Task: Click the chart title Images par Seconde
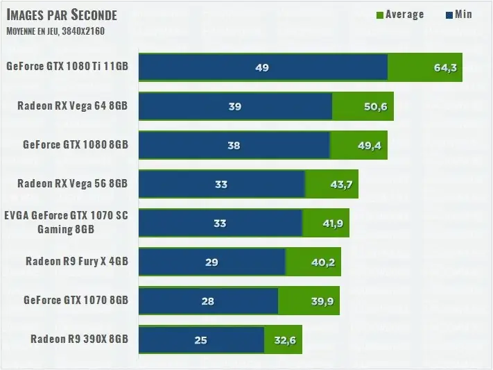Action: [62, 15]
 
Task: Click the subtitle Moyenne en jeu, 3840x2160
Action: [56, 31]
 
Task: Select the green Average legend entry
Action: [400, 15]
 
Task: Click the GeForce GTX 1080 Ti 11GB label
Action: [67, 67]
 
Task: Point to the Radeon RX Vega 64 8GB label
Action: [73, 106]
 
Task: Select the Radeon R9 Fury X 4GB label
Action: [76, 262]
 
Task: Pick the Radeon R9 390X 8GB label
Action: [79, 339]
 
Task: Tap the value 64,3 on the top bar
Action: [445, 68]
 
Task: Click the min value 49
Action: [262, 68]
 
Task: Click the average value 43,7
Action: [341, 185]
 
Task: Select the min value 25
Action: [200, 340]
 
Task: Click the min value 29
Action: [211, 262]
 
